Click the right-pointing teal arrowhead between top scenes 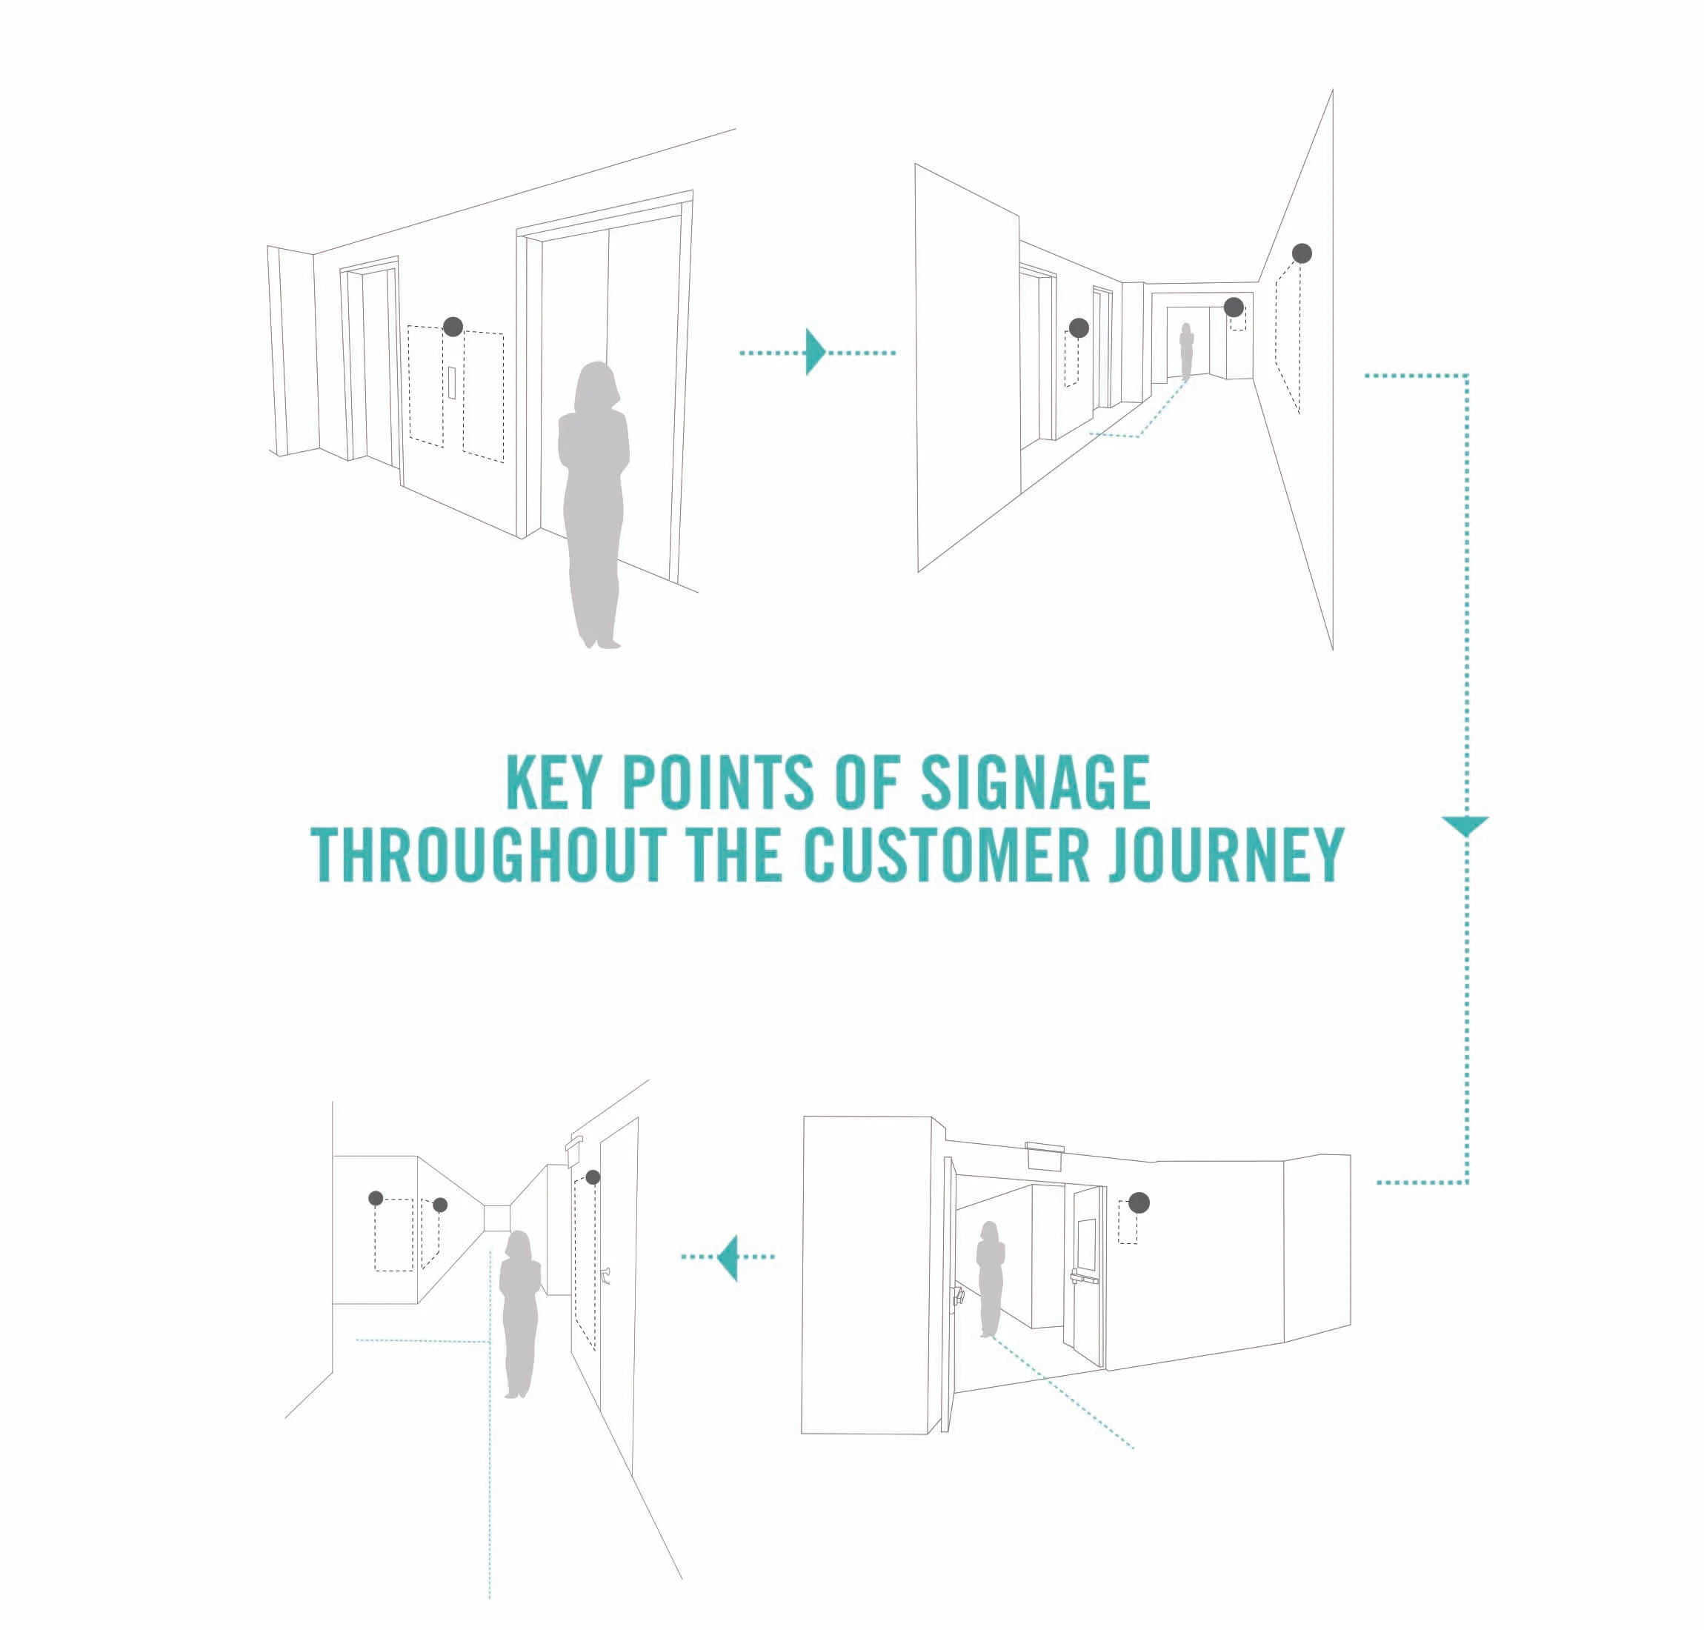tap(815, 352)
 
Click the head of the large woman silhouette tap(596, 386)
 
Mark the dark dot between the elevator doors tap(453, 327)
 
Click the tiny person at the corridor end tap(1186, 351)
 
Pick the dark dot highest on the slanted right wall tap(1301, 253)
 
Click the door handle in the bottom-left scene tap(605, 1276)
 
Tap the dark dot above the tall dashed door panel tap(593, 1177)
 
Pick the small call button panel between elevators tap(452, 382)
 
